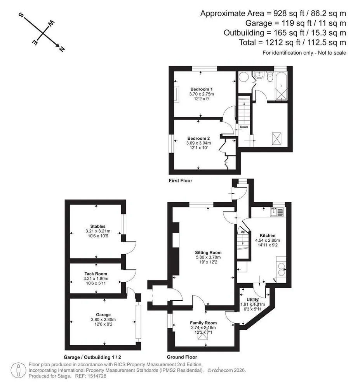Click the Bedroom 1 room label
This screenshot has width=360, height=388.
(201, 89)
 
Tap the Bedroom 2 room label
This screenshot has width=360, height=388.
(198, 139)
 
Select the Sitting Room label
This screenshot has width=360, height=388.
(208, 253)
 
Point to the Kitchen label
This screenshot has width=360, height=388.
(268, 236)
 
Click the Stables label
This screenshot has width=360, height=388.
(98, 226)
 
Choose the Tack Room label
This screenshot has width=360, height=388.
(96, 274)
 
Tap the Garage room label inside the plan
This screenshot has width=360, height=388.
(103, 315)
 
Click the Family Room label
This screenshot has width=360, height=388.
(203, 323)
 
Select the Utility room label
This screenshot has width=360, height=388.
(252, 300)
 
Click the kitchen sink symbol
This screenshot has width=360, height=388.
(277, 212)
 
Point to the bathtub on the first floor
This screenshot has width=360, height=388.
(282, 86)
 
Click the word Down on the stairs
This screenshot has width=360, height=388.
(244, 127)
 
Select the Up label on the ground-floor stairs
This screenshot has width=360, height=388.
(243, 232)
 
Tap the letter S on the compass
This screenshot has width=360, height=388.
(21, 16)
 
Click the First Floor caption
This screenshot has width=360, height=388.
(181, 181)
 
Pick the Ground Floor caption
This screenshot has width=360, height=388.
(182, 357)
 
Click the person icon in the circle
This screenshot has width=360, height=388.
(18, 370)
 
